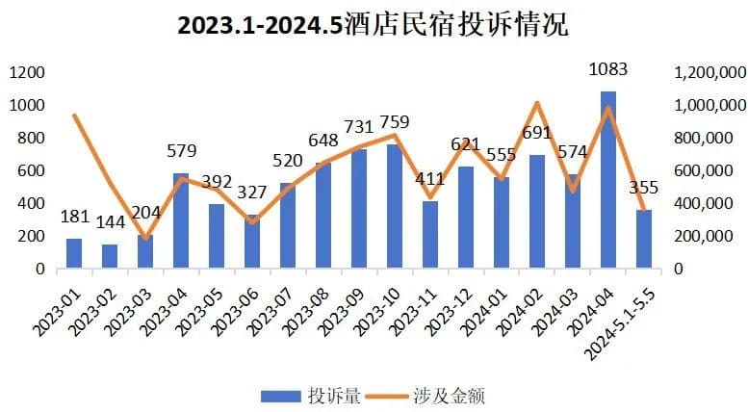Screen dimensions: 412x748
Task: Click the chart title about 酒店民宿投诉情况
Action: tap(374, 24)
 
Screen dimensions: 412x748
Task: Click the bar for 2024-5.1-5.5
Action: tap(643, 239)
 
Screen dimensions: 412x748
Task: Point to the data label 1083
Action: tap(609, 69)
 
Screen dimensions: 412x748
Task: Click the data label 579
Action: tap(182, 151)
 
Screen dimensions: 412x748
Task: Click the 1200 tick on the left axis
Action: tap(28, 72)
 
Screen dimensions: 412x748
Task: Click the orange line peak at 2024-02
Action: tap(537, 103)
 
